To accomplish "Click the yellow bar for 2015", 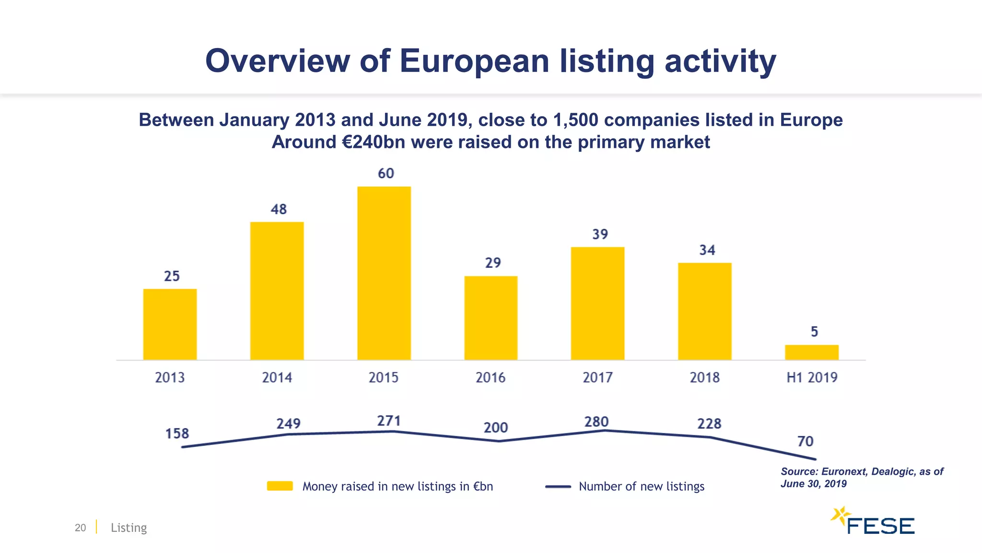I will pos(384,273).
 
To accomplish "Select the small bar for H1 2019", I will pos(811,352).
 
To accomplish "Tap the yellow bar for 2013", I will pos(170,324).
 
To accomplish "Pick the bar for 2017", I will pos(597,303).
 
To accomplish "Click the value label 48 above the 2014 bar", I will pos(279,209).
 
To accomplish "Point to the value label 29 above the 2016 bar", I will pos(493,263).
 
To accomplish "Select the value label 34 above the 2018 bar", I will pos(707,250).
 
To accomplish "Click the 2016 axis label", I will pos(491,378).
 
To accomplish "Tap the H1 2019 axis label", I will pos(811,378).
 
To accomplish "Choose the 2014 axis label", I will pos(277,378).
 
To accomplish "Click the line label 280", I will pos(596,422).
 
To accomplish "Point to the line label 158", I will pos(177,434).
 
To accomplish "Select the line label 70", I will pos(805,441).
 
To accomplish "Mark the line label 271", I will pos(388,421).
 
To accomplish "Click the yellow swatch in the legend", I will pos(280,486).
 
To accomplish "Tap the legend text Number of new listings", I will pos(641,487).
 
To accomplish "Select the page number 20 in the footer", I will pos(80,528).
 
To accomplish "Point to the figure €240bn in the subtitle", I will pos(374,143).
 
